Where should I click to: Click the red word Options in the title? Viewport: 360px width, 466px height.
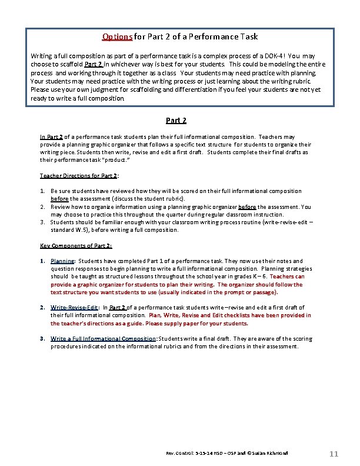(117, 36)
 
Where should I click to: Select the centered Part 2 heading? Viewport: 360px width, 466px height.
(176, 121)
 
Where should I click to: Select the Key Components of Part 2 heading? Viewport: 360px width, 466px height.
(76, 245)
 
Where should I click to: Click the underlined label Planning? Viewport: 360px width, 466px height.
(62, 261)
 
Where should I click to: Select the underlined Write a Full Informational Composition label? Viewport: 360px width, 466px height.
(104, 338)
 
